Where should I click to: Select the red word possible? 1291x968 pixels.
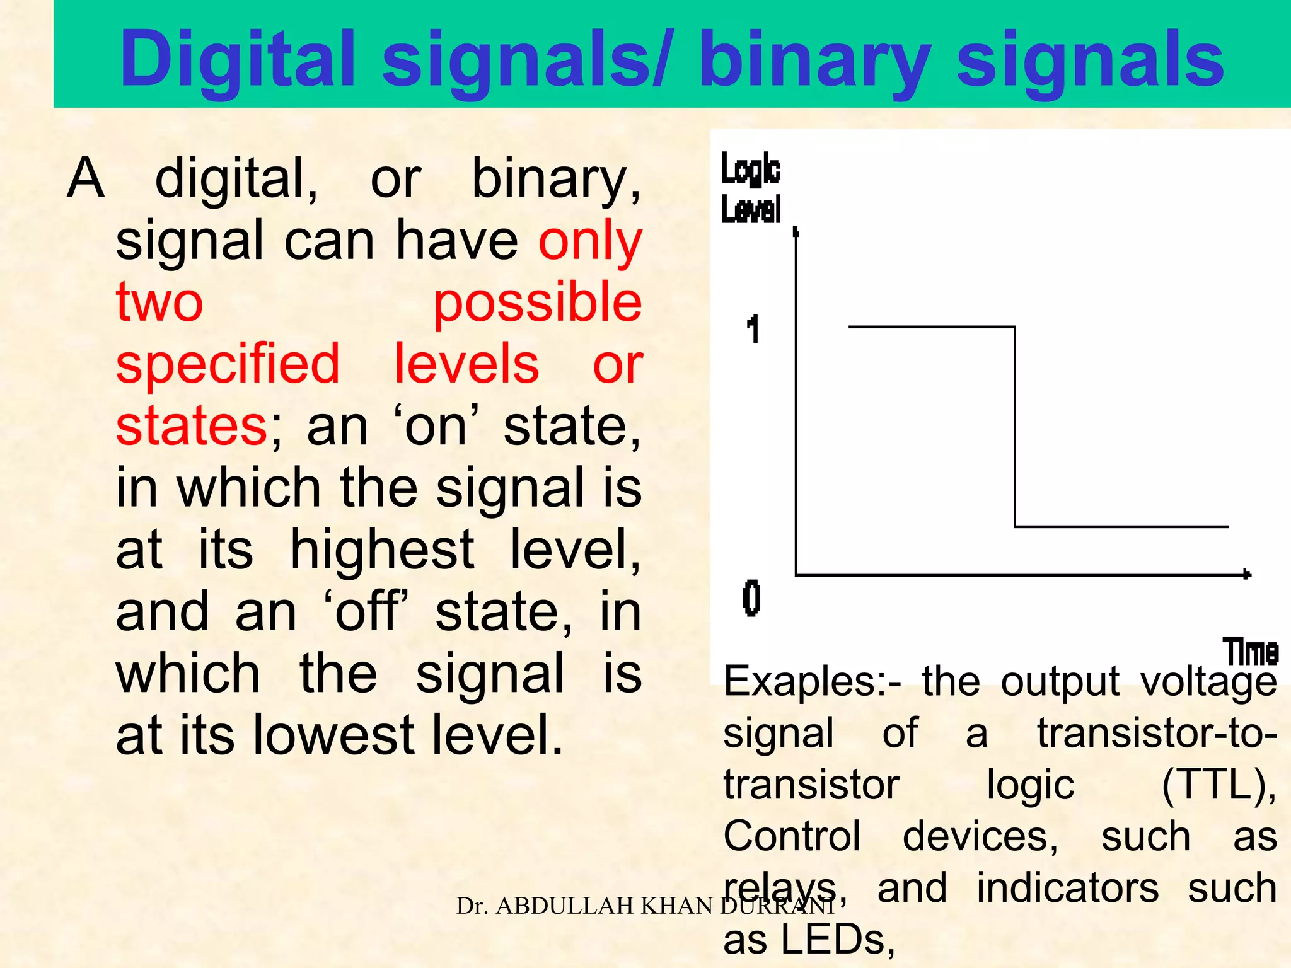tap(537, 302)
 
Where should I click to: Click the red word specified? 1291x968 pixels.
tap(228, 364)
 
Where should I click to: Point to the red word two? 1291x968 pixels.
tap(159, 302)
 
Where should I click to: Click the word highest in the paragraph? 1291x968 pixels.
tap(381, 550)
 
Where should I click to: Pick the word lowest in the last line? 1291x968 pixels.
tap(333, 735)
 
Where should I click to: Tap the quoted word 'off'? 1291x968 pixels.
tap(366, 611)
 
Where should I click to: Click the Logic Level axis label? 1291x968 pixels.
tap(751, 188)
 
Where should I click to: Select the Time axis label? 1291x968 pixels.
tap(1251, 652)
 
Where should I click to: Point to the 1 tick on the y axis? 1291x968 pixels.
tap(753, 330)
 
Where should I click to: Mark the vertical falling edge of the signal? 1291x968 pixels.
tap(1015, 426)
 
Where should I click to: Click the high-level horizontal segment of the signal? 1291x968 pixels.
tap(932, 326)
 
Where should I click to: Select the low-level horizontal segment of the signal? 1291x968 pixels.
tap(1122, 526)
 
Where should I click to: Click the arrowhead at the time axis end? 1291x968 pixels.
tap(1246, 573)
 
